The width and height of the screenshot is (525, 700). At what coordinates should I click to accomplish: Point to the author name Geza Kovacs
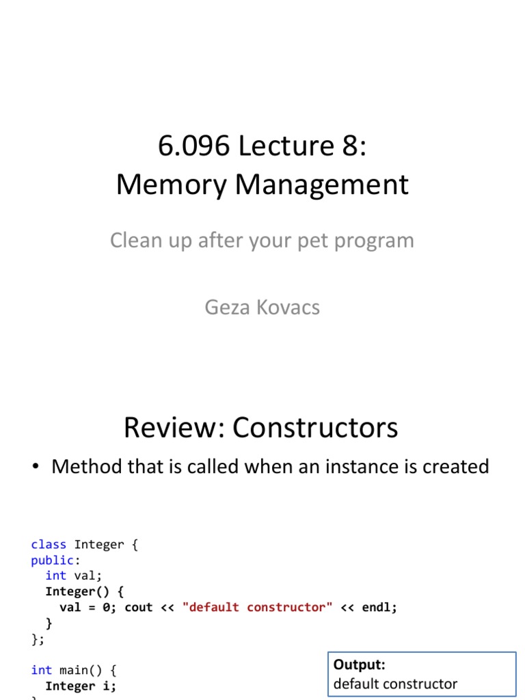[x=262, y=307]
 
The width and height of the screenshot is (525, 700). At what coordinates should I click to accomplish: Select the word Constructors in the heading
[x=315, y=428]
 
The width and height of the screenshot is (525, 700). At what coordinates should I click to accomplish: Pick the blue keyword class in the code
[x=49, y=545]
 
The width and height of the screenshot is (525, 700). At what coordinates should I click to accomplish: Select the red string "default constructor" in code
[x=258, y=607]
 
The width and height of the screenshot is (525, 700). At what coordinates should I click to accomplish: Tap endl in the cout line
[x=379, y=607]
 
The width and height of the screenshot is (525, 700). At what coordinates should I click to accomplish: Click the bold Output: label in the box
[x=360, y=664]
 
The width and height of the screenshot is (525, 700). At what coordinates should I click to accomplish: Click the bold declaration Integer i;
[x=81, y=686]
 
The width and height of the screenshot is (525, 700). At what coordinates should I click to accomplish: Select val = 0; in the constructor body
[x=88, y=607]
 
